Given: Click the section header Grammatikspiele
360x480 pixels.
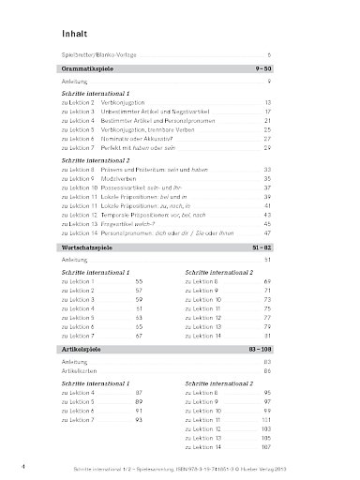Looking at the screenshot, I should (x=87, y=69).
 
